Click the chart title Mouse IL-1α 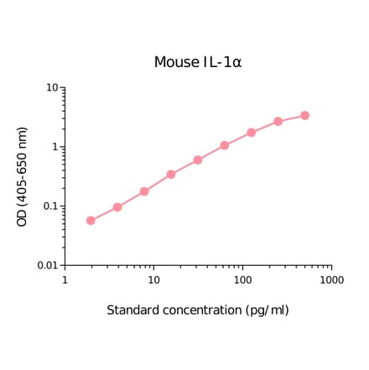198,63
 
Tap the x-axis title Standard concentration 198,310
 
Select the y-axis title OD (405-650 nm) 23,176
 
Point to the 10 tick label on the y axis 51,88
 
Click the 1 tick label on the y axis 55,147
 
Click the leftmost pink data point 91,221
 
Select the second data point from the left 117,207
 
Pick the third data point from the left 144,191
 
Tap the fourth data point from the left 171,175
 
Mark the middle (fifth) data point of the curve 198,159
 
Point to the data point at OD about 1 225,145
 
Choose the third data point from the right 252,133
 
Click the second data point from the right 278,122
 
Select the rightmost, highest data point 305,115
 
